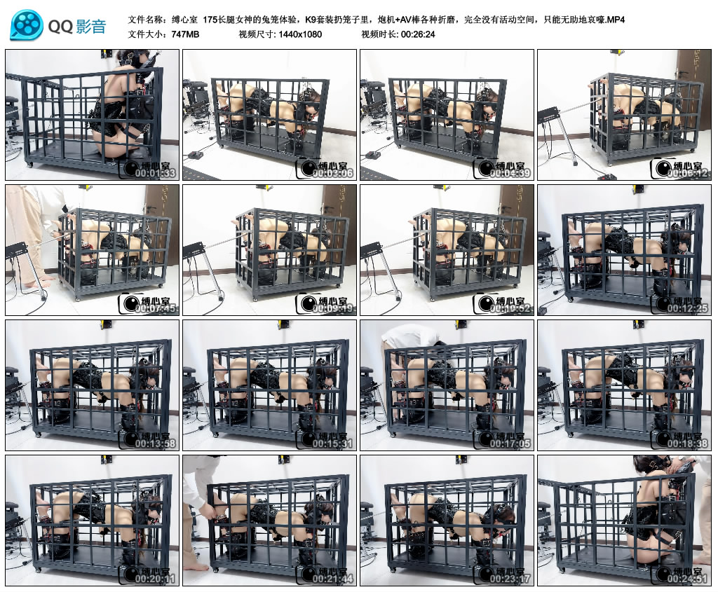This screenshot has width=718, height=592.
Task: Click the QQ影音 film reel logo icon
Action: [26, 26]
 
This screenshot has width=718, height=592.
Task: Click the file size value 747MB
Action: [185, 34]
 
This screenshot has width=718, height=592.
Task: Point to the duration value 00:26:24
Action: [418, 34]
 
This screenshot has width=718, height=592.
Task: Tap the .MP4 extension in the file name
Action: [616, 19]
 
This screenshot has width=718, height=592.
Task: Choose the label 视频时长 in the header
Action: [379, 34]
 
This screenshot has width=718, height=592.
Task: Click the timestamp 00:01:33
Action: [155, 173]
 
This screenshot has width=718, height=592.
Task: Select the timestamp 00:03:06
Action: [332, 173]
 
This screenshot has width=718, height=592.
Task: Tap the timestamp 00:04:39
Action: [510, 173]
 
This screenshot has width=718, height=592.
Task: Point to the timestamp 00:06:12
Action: [687, 173]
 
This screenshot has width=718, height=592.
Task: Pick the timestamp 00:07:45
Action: [155, 308]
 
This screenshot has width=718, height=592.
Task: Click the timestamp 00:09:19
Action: [332, 308]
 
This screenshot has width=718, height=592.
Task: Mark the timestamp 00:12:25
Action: [687, 308]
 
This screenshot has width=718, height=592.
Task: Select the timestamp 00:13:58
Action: [155, 443]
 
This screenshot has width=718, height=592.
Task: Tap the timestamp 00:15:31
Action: [332, 443]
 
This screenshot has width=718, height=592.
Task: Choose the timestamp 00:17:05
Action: [510, 443]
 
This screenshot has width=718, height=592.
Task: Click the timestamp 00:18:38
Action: [687, 443]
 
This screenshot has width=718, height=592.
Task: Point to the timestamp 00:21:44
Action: [332, 579]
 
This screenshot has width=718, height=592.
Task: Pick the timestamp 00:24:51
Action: [687, 579]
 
